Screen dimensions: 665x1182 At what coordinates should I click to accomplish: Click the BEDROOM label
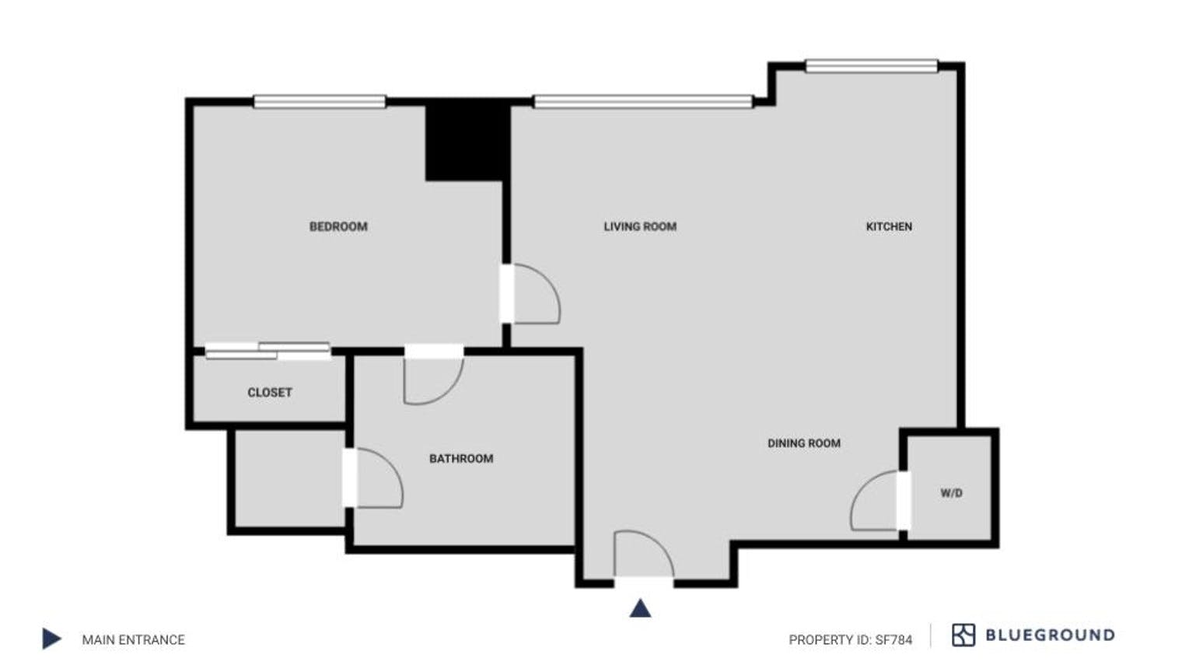(x=338, y=226)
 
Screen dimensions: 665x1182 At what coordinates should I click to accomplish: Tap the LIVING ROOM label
(x=640, y=226)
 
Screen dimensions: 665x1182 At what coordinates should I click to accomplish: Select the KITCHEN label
(x=889, y=226)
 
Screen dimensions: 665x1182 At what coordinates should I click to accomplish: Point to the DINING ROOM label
(x=804, y=443)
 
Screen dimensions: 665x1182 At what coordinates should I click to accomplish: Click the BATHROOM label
(x=461, y=459)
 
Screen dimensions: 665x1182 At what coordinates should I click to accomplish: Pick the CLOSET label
(x=270, y=393)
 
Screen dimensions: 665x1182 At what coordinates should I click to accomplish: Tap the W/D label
(x=951, y=493)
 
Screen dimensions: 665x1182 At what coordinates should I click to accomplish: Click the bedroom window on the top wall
(x=320, y=101)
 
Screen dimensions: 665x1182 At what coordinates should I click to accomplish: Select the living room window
(x=643, y=101)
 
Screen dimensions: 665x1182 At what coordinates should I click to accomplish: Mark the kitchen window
(x=871, y=66)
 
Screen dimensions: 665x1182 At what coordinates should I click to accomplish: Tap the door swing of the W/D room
(x=875, y=502)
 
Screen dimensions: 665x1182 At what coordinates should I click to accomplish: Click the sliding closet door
(x=268, y=351)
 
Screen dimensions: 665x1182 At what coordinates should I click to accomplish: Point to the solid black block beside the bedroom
(x=465, y=142)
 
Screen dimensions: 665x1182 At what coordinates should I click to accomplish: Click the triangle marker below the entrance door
(x=640, y=608)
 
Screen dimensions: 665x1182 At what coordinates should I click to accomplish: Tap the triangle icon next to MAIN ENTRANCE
(x=51, y=639)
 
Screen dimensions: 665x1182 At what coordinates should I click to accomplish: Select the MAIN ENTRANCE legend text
(x=134, y=640)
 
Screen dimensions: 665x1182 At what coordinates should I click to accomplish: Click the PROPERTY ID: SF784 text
(x=850, y=640)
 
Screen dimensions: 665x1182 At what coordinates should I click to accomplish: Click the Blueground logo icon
(x=963, y=635)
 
